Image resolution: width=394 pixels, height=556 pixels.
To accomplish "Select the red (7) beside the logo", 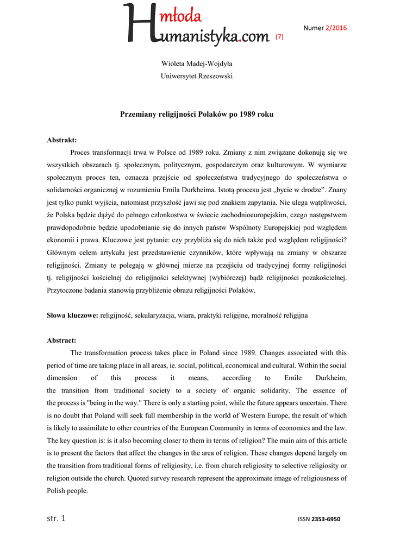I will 279,36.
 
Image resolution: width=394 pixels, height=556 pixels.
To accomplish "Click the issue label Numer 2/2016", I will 325,28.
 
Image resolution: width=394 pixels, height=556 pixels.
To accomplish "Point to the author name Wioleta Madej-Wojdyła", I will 197,64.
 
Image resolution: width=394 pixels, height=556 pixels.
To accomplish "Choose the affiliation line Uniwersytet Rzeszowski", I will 197,76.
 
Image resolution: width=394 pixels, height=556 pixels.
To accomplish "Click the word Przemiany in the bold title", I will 138,115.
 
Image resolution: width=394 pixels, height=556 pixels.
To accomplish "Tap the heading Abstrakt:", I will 62,140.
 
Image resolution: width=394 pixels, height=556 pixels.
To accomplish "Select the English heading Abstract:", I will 61,340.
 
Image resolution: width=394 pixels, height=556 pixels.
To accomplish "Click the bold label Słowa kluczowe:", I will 72,315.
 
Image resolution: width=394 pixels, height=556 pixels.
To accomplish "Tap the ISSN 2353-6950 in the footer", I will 319,520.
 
